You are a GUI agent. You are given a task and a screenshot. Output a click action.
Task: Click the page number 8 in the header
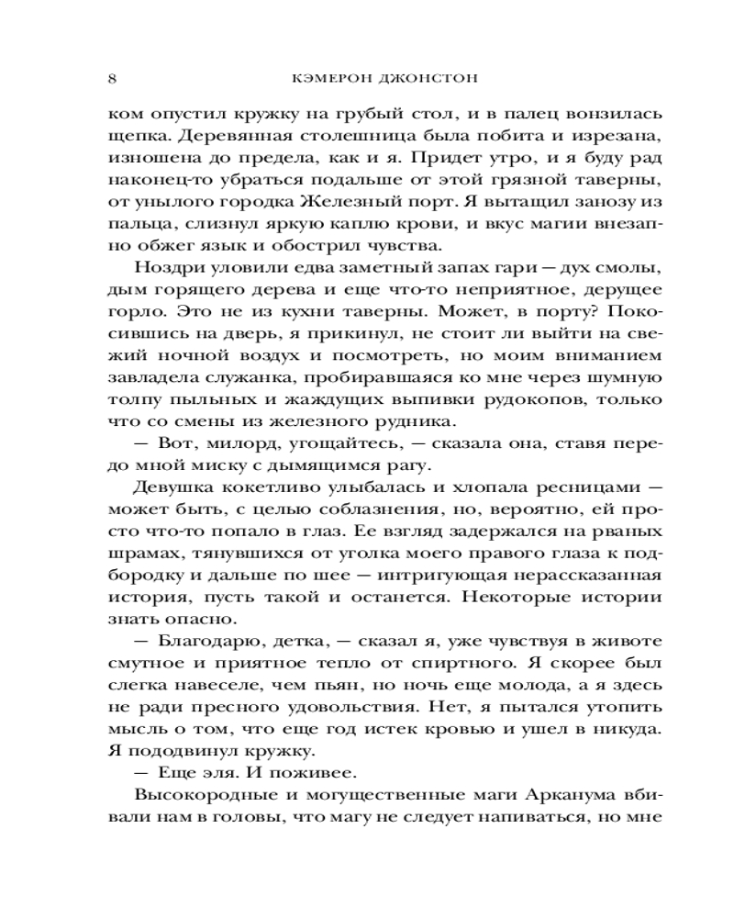coord(112,79)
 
